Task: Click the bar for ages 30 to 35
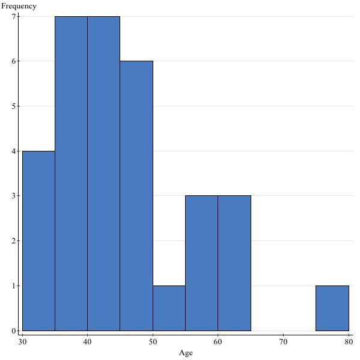(x=38, y=240)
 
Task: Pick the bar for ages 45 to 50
(x=136, y=195)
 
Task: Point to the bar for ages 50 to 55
(x=169, y=308)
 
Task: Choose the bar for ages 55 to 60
(x=201, y=263)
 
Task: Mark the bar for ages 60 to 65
(x=234, y=263)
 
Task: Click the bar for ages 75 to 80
(x=332, y=308)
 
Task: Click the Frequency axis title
(x=19, y=6)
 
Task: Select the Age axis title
(x=186, y=353)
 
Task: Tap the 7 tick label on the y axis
(x=13, y=16)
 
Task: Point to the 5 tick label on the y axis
(x=13, y=106)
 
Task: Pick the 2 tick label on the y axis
(x=13, y=241)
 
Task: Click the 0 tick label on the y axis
(x=13, y=331)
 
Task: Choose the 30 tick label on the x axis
(x=22, y=342)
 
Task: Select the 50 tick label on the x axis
(x=153, y=342)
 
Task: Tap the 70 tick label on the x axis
(x=283, y=342)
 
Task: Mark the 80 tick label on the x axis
(x=348, y=342)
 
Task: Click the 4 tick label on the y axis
(x=13, y=151)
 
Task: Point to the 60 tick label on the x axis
(x=218, y=342)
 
